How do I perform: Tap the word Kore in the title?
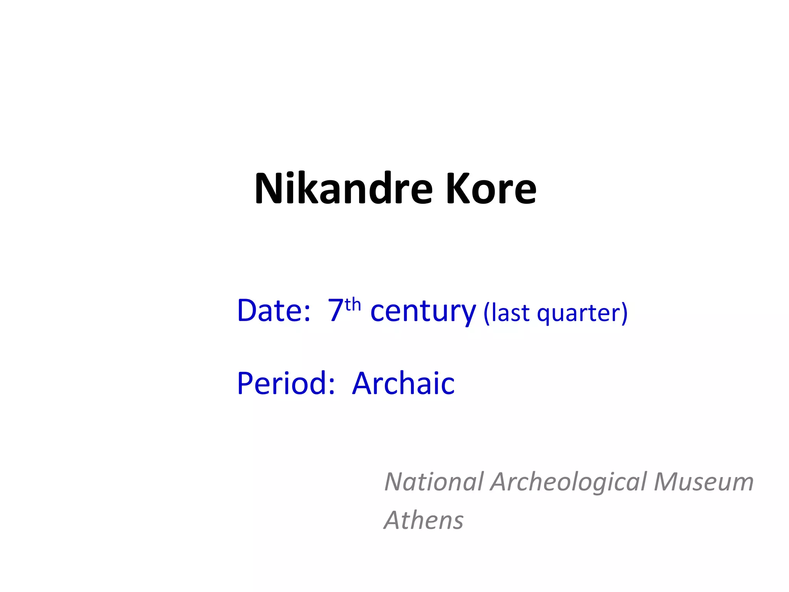point(491,189)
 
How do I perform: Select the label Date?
point(274,311)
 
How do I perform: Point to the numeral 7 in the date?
point(335,311)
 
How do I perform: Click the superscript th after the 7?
point(353,305)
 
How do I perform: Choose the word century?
point(423,311)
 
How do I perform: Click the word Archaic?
point(403,383)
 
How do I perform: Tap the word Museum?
point(703,482)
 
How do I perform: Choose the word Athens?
point(424,520)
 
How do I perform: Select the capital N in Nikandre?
point(270,189)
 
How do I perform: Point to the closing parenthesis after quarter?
point(624,313)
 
